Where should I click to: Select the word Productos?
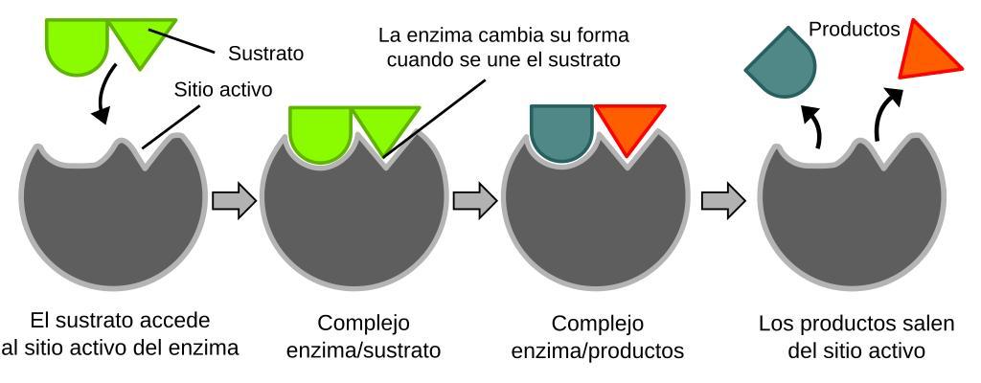[855, 30]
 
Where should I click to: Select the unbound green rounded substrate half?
[76, 43]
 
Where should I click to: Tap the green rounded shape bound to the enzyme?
[319, 129]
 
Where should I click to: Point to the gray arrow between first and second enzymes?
[234, 201]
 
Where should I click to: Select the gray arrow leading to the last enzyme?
[723, 201]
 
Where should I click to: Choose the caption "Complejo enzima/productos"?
[598, 335]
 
